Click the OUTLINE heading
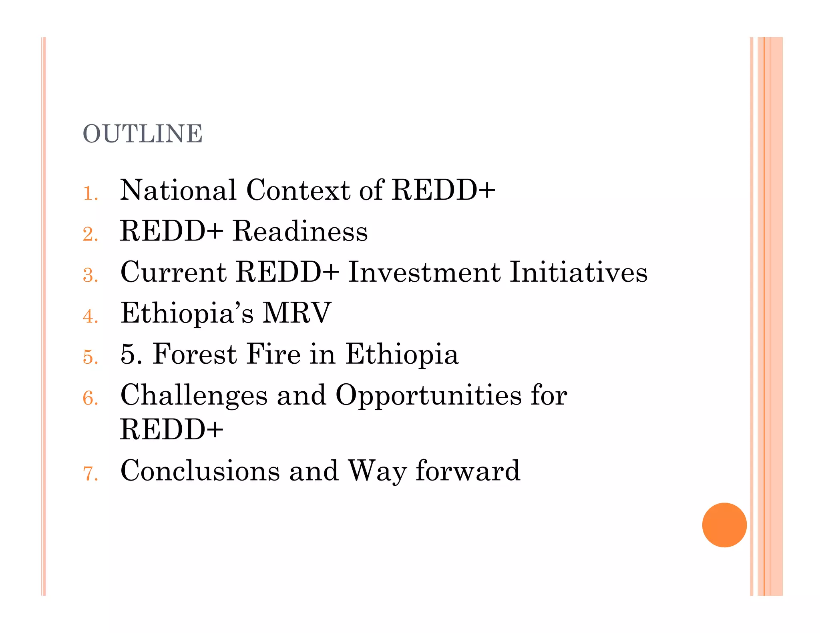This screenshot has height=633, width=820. (x=143, y=134)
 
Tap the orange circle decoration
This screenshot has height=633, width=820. (x=724, y=525)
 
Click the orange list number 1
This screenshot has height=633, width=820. (x=90, y=193)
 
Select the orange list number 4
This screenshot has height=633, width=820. (x=90, y=316)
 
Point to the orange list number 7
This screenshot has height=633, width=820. (x=90, y=473)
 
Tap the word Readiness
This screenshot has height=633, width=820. (x=300, y=231)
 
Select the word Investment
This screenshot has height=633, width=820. (x=424, y=272)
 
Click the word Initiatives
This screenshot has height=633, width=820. (x=579, y=272)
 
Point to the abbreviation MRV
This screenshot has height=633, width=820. (x=297, y=313)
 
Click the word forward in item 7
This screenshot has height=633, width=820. (x=468, y=471)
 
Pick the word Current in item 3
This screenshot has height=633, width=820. (x=173, y=272)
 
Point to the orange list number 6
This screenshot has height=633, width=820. (x=90, y=398)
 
